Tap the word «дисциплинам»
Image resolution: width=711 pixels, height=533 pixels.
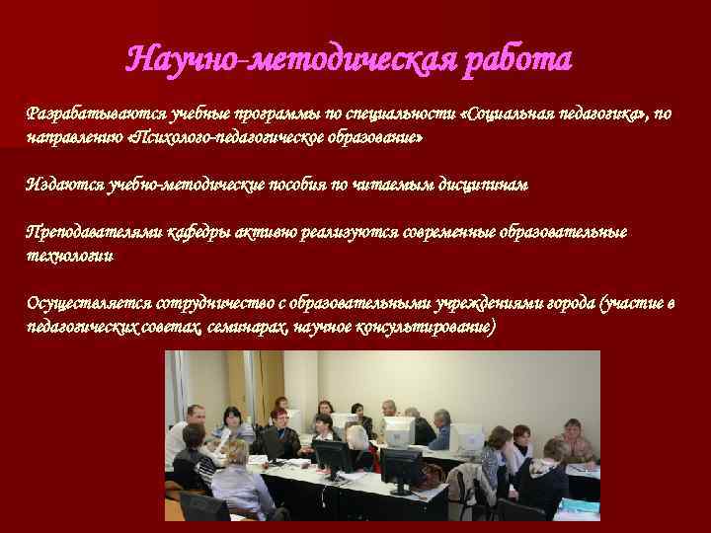pyautogui.click(x=483, y=185)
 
